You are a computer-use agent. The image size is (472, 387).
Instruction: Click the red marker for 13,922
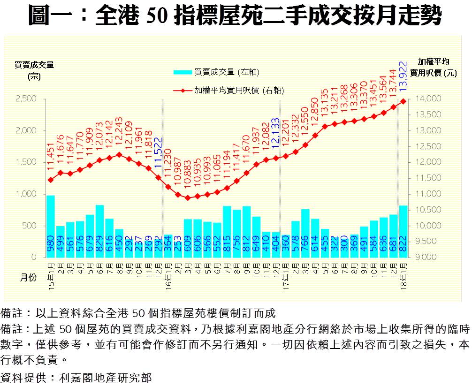[403, 101]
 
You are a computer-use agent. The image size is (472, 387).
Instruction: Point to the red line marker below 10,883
[188, 198]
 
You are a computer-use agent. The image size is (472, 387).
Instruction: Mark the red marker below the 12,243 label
[119, 154]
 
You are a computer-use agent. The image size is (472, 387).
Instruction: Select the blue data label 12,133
[275, 134]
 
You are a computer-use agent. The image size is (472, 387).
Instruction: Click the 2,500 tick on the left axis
[26, 99]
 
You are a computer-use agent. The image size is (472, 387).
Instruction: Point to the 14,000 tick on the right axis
[428, 99]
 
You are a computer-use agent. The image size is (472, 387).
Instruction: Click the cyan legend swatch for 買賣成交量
[183, 72]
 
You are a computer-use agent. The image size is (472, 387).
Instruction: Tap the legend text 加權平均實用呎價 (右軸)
[239, 90]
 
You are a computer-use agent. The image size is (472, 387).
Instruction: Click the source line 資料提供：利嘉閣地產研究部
[76, 377]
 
